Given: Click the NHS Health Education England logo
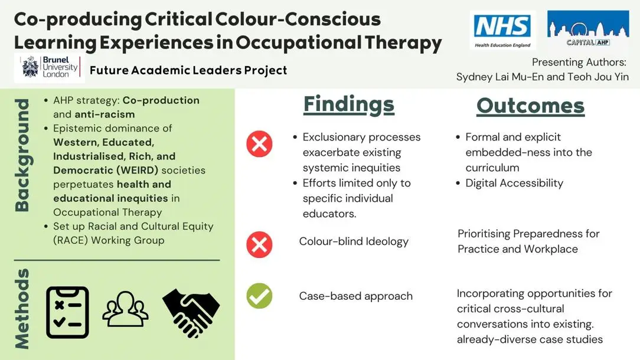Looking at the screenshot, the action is pos(502,31).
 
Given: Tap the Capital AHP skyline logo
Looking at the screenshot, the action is pos(588,28).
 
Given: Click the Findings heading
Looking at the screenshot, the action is pos(349,105).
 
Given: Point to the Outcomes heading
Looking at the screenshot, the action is pos(530,106).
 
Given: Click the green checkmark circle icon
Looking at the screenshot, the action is pos(259,296).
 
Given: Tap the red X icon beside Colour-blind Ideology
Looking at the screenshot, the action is pos(259,244).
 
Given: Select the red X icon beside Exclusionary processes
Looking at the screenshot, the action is pos(259,144).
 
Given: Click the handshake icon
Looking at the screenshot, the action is pos(191,313).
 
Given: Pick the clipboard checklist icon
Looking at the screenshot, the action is pos(67,312).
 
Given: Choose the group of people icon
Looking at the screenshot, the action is pos(125,309).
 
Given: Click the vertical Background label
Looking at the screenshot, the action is pos(22,155).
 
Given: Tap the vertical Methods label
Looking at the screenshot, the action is pos(22,309).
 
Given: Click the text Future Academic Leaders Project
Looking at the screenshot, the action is pos(188,71).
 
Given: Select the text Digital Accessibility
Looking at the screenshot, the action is pos(514,183).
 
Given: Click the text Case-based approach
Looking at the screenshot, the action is pos(355,296).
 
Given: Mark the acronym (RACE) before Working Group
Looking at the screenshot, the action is pos(71,240).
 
